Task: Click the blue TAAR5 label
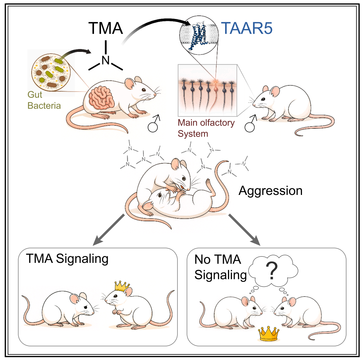coord(247,28)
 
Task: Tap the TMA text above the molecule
coord(106,28)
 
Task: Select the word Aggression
coord(270,191)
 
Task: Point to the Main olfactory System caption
coord(206,128)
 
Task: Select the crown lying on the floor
coord(268,334)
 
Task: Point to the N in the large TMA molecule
coord(106,60)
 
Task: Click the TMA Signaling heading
coord(67,259)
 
